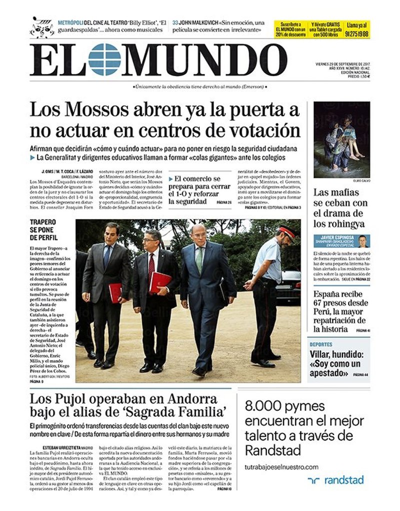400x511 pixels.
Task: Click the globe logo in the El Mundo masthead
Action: coord(104,59)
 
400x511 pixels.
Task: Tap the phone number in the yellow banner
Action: coord(357,34)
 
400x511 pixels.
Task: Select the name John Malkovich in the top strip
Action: coord(199,22)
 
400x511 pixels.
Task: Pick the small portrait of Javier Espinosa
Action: coord(363,241)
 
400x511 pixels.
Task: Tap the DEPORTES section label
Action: coord(321,344)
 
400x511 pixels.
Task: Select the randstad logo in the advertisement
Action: coord(335,480)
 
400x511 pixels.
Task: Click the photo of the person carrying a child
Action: coord(341,140)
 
